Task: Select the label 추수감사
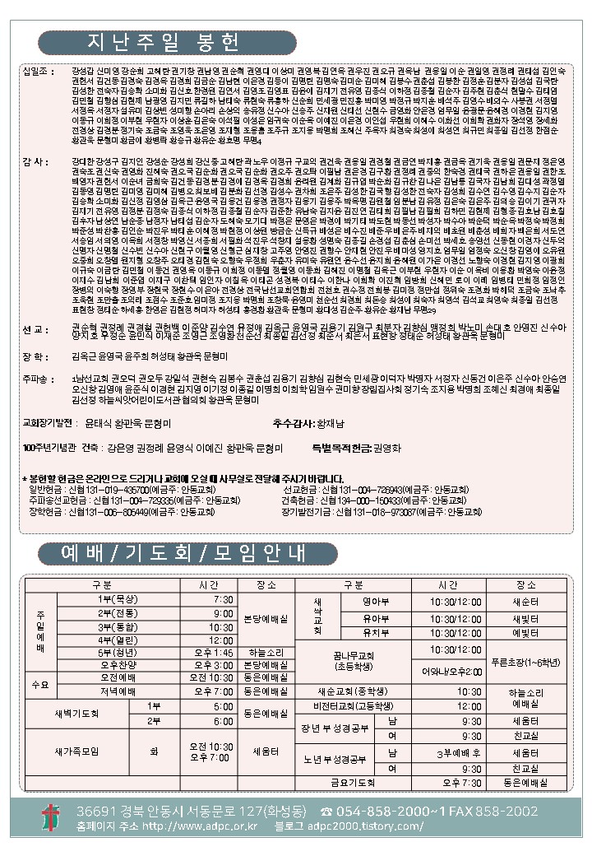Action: click(294, 422)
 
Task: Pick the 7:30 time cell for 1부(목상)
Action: click(223, 598)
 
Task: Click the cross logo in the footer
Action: click(51, 817)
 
